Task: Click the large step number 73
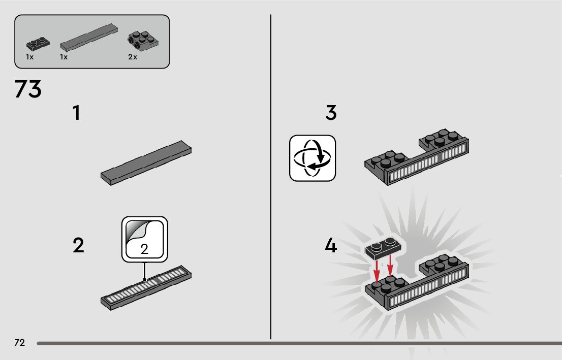click(x=28, y=90)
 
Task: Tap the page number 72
click(x=19, y=343)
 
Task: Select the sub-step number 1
click(x=76, y=113)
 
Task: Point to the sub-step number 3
click(x=331, y=113)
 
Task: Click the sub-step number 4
click(x=331, y=246)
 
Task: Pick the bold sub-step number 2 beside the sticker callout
click(x=78, y=246)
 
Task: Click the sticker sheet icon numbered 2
click(x=144, y=239)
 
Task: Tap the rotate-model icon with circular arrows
click(x=313, y=158)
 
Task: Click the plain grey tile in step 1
click(x=146, y=162)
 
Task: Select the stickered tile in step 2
click(x=146, y=287)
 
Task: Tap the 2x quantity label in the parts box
click(x=133, y=57)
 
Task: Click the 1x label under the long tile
click(x=64, y=57)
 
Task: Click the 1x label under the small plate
click(x=29, y=57)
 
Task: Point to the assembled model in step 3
click(x=417, y=159)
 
